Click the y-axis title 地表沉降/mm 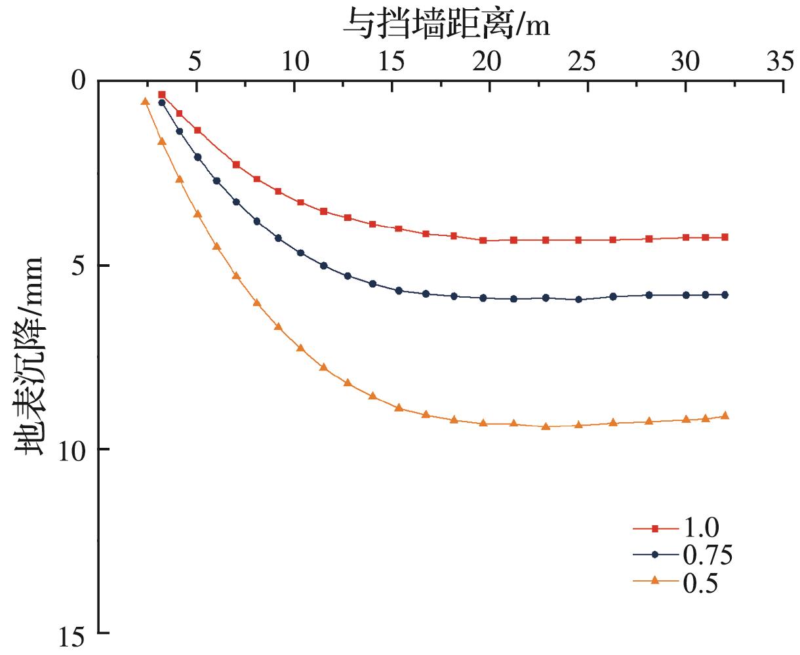point(30,356)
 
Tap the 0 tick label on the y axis point(79,81)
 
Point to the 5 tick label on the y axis point(79,266)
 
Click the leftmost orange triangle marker point(146,101)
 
